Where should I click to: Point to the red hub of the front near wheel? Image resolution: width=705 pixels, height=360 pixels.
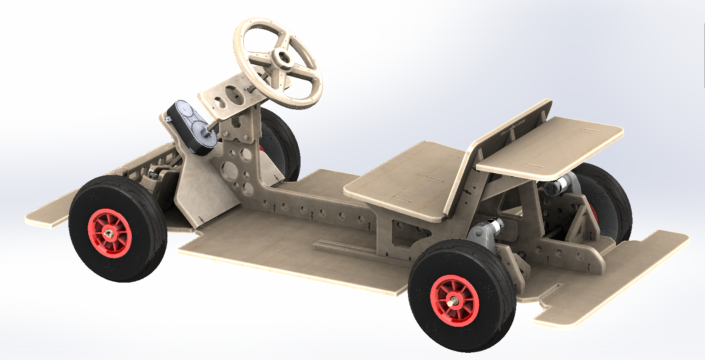click(x=110, y=233)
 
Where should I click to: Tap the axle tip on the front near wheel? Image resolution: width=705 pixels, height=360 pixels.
click(x=109, y=234)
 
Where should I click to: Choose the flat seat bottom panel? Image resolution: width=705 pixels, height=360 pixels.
click(x=405, y=180)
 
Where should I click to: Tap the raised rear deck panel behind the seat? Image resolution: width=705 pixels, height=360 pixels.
click(x=553, y=144)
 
